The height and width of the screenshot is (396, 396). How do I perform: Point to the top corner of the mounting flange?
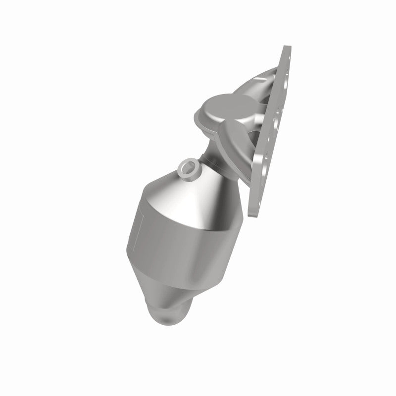(x=286, y=49)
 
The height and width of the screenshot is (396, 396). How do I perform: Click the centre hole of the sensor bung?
(x=188, y=168)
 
